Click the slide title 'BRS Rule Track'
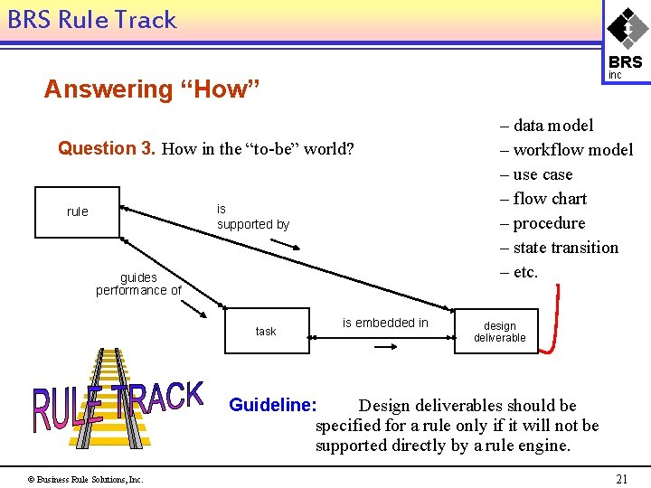[x=91, y=20]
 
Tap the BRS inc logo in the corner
[x=626, y=41]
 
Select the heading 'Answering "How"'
[x=152, y=89]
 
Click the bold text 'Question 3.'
[x=107, y=148]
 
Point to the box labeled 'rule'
[x=77, y=211]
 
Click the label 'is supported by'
[x=252, y=217]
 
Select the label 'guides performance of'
[x=138, y=284]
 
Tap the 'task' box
[x=266, y=332]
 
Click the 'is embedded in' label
[x=385, y=323]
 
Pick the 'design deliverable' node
[x=499, y=332]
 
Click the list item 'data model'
[x=552, y=126]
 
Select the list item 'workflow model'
[x=572, y=150]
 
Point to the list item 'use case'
[x=542, y=174]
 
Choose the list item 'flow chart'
[x=550, y=199]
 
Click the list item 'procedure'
[x=549, y=223]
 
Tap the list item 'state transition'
[x=565, y=248]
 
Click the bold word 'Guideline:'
[x=273, y=405]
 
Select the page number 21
[x=621, y=479]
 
